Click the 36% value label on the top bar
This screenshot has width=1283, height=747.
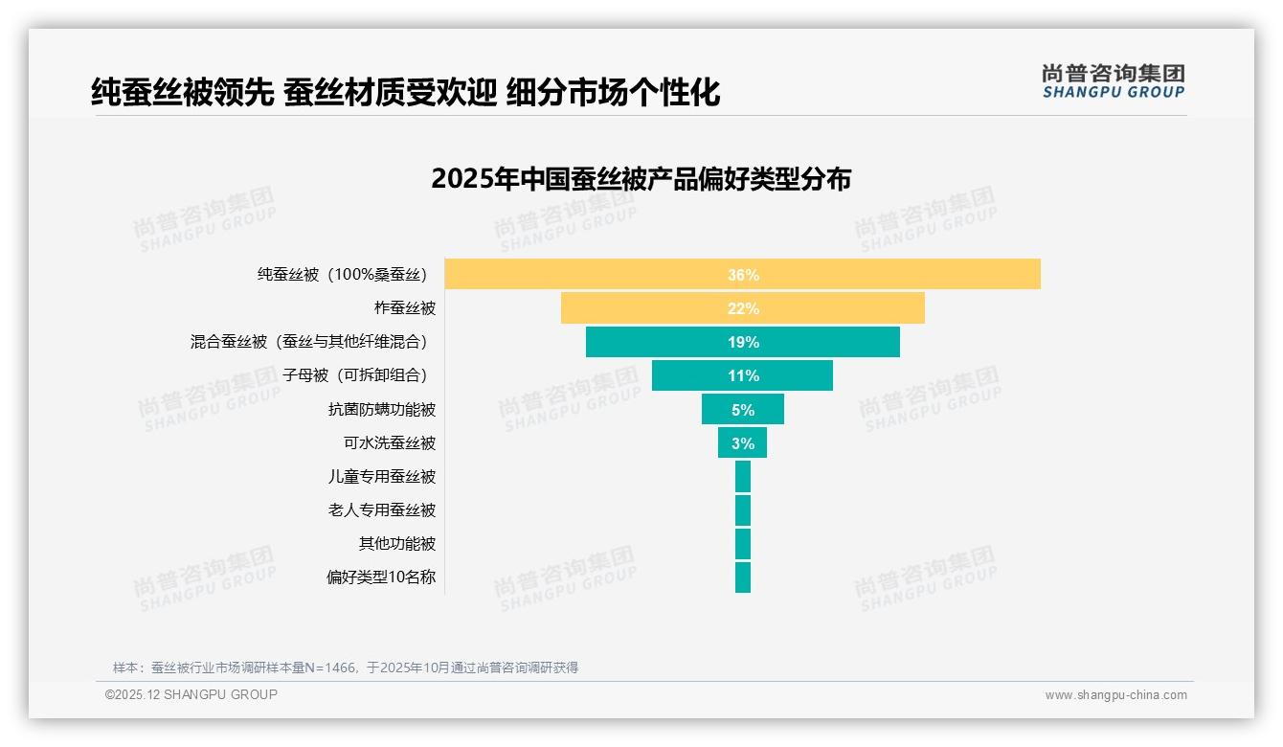coord(743,275)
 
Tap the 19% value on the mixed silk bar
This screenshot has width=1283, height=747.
coord(743,342)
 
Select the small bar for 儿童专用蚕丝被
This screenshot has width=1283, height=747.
coord(743,477)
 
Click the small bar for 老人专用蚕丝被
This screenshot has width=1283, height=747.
coord(743,510)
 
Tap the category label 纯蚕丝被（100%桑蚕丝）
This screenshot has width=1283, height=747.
coord(342,275)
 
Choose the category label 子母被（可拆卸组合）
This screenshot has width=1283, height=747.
coord(355,375)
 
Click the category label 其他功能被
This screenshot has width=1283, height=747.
coord(397,544)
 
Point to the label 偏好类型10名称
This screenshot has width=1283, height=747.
coord(381,577)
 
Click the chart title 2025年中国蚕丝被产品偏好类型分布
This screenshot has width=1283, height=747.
coord(641,179)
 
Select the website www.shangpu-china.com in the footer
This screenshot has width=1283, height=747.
coord(1115,695)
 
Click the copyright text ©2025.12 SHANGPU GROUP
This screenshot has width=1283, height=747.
coord(191,694)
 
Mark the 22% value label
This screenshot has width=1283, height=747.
coord(743,308)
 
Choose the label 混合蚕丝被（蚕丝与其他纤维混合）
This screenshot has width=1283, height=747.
coord(309,342)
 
